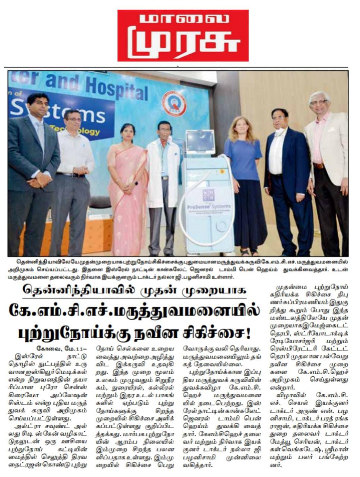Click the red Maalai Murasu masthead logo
(183, 35)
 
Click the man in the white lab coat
(163, 179)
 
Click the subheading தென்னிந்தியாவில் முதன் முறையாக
(134, 290)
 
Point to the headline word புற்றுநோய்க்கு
(63, 330)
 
